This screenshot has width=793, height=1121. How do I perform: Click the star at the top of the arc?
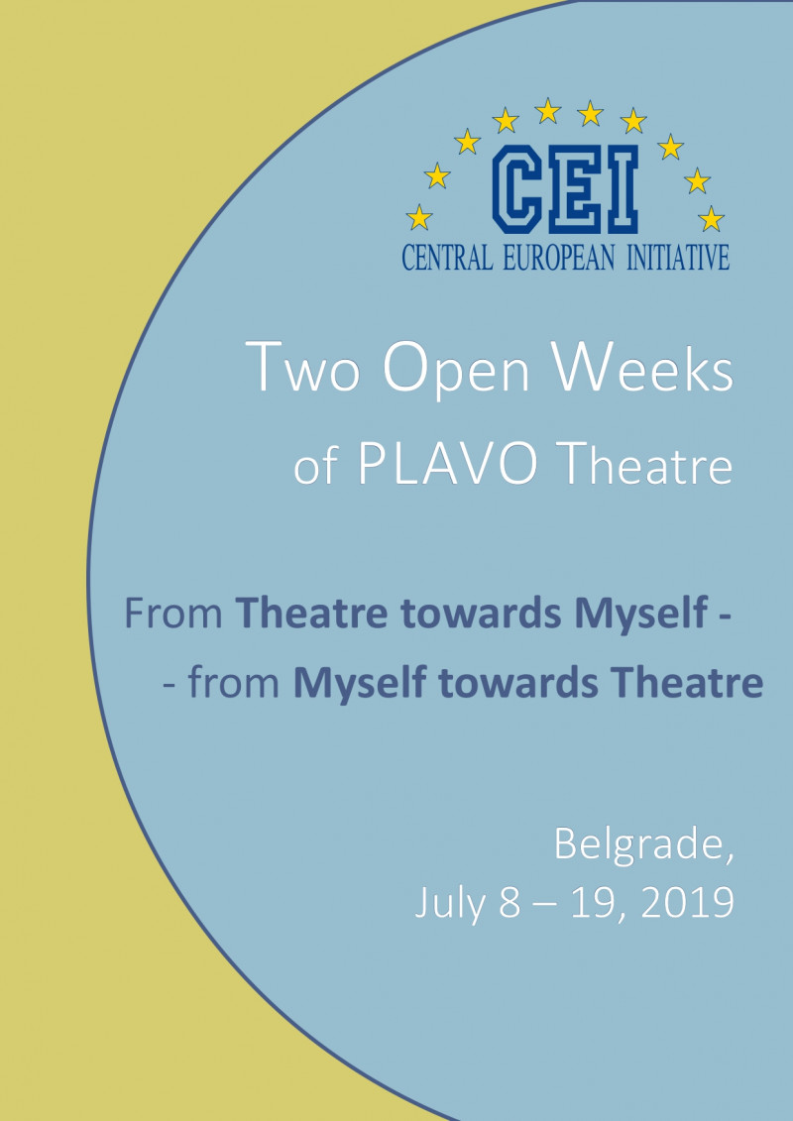click(548, 110)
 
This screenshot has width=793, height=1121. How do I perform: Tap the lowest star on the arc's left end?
click(419, 217)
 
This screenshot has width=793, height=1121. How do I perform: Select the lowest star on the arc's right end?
click(711, 218)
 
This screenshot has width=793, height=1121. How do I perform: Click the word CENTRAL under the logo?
click(448, 258)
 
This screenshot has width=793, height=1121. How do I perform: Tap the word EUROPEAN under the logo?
click(558, 258)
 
